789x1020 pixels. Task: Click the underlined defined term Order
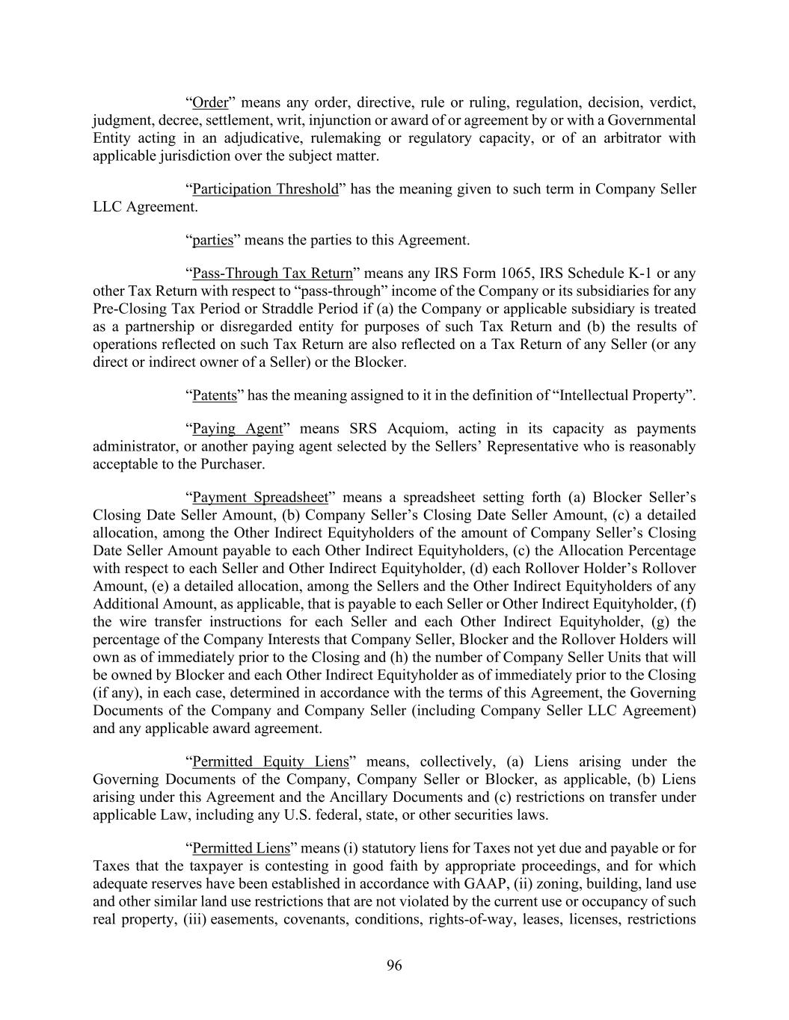209,102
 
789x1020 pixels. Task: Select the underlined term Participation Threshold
265,189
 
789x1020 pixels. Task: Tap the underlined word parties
212,240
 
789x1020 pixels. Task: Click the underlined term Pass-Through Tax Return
272,273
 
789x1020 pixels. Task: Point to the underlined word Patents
215,395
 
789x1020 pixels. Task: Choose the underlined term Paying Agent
238,429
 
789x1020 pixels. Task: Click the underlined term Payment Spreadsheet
260,498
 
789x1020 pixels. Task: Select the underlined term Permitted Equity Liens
271,761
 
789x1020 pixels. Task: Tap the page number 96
394,965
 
